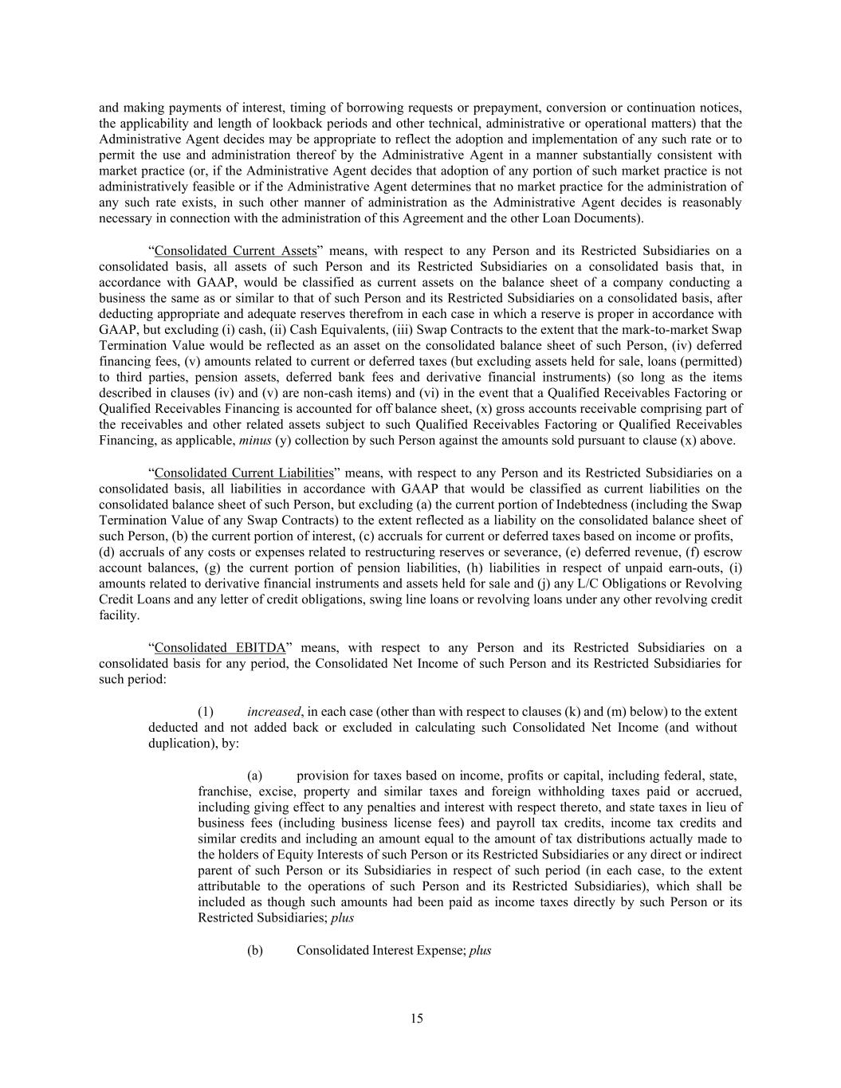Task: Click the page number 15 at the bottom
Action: (417, 1018)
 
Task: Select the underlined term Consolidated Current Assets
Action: (235, 250)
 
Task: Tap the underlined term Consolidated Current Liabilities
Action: (244, 473)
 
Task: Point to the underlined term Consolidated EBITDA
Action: (220, 647)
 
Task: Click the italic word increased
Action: (273, 711)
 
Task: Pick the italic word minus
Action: (255, 440)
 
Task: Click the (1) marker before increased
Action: (205, 711)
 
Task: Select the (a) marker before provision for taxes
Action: (254, 775)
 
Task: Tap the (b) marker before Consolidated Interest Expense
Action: (254, 950)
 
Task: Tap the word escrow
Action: (725, 552)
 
